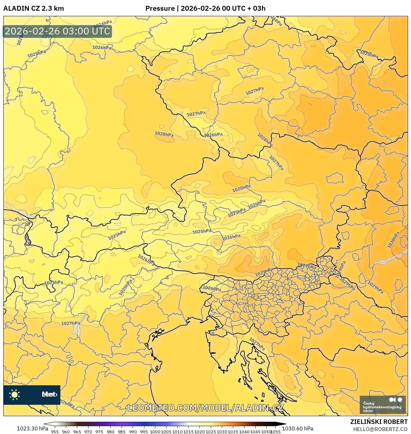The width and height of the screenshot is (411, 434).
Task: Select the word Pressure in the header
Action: pos(160,8)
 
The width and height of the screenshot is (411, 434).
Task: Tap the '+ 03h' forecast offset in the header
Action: pos(256,8)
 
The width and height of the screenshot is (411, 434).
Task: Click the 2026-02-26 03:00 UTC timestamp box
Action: pos(57,31)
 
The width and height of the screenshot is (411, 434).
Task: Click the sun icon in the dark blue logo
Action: pos(14,394)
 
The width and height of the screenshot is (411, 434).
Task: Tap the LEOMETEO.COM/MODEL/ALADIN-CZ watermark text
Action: pos(205,408)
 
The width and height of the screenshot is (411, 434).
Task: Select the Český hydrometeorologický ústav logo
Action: pos(382,404)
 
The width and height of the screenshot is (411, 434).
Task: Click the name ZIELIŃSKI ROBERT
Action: pos(379,422)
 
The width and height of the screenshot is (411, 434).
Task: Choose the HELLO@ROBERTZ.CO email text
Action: pos(380,429)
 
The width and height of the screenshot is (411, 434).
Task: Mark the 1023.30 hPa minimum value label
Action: pos(20,428)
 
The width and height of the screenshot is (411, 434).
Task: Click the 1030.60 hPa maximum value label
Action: pos(297,428)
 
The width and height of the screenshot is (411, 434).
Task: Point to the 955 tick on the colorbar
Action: pos(55,431)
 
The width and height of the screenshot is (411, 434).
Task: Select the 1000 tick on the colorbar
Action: pos(155,431)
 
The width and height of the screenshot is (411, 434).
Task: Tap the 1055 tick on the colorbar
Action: pos(275,431)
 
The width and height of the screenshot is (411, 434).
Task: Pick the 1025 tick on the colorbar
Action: pos(211,431)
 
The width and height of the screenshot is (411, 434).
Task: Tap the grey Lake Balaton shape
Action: pos(399,257)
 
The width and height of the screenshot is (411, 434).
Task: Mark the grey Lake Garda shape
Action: pos(77,328)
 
